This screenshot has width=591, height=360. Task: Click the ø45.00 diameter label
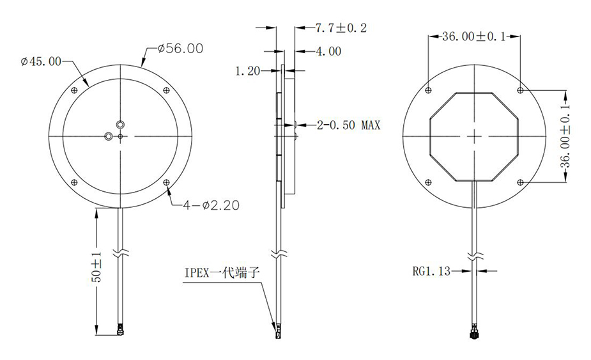point(41,62)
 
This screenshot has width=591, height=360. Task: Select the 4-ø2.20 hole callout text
point(211,205)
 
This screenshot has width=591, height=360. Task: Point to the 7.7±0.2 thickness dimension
point(341,28)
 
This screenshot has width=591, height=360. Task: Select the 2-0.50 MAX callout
point(348,125)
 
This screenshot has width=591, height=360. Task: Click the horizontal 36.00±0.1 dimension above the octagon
point(473,37)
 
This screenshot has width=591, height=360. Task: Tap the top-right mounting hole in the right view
point(520,89)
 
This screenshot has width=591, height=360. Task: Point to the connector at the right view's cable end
point(474,333)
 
